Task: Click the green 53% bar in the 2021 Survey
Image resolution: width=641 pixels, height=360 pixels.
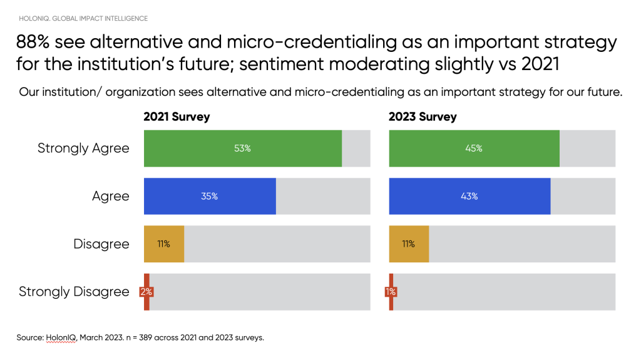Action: coord(243,148)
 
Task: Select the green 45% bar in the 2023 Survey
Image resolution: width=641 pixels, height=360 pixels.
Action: coord(474,148)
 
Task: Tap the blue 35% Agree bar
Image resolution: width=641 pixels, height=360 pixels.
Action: coord(210,196)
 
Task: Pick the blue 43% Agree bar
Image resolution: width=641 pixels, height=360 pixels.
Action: coord(469,196)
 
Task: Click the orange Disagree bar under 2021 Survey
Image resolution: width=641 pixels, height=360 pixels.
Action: coord(164,244)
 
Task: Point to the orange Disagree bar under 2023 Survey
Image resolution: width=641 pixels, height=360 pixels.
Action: coord(409,244)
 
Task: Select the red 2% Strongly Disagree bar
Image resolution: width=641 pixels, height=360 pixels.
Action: coord(146,292)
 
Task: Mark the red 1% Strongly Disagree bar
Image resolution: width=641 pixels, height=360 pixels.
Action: coord(391,292)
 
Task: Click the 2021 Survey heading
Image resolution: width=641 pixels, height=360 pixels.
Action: coord(177,117)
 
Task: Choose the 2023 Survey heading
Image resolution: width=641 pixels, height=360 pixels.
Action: coord(423,117)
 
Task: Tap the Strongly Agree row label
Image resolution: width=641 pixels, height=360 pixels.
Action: coord(83,148)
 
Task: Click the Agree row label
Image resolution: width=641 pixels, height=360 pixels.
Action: coord(110,196)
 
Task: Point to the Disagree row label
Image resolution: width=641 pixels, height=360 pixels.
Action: coord(101,244)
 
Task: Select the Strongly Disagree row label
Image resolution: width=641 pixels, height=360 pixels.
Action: coord(74,292)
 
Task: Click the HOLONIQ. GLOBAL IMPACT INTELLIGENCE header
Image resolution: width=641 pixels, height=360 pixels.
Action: coord(83,18)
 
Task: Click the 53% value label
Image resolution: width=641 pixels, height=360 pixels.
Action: coord(243,148)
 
